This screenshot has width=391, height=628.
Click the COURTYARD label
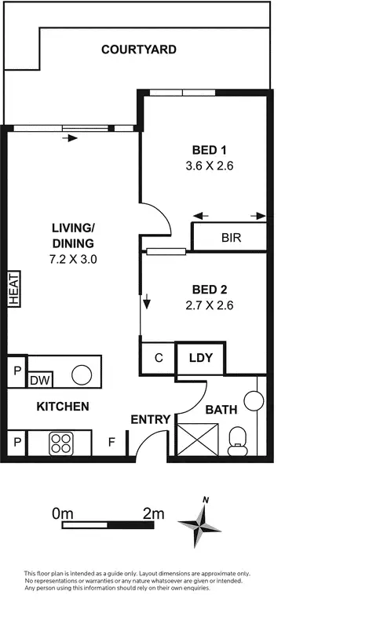pos(139,49)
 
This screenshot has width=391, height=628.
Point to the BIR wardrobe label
pos(231,237)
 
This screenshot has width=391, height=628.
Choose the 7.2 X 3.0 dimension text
pos(73,257)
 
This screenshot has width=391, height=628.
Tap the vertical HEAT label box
pos(13,288)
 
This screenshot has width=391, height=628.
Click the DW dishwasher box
pos(39,381)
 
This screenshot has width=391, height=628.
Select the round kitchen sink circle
pos(82,374)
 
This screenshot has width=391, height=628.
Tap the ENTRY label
pos(151,420)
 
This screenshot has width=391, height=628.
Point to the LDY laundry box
pos(200,358)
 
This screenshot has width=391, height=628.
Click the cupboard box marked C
pos(158,359)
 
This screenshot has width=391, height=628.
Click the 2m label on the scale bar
pos(154,514)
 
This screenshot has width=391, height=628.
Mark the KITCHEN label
pos(62,407)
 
